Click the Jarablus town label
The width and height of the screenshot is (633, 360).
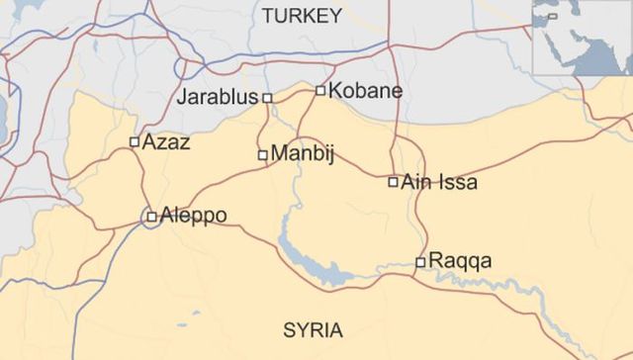pos(217,97)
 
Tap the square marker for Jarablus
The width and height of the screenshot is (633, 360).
pos(267,98)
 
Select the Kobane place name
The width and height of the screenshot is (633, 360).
pos(365,90)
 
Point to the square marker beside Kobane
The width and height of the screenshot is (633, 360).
pos(320,91)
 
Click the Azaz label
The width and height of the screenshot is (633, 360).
pos(166,141)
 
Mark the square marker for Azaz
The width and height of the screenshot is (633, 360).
pos(135,142)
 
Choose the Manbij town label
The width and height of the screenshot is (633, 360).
pos(303,154)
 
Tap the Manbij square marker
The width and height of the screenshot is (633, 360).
pos(262,155)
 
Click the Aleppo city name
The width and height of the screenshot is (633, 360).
pos(193,216)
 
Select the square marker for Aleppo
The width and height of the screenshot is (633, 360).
pos(151,217)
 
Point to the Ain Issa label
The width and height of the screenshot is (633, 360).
pos(439,182)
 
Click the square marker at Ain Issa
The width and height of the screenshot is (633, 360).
pos(394,182)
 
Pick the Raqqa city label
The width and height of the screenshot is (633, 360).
pos(460,261)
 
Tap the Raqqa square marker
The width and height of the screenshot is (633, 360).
pos(420,262)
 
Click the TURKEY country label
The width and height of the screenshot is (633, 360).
pos(302,16)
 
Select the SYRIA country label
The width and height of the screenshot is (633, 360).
pos(313,330)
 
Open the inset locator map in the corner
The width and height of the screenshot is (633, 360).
pos(583,38)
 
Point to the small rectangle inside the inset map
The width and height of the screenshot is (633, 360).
pos(553,16)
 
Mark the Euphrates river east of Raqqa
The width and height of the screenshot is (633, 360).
pos(514,292)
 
